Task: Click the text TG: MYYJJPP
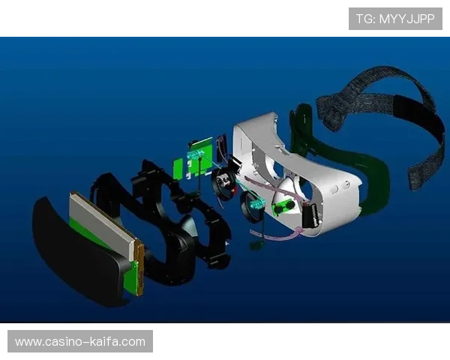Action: [395, 19]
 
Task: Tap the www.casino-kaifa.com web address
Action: [80, 342]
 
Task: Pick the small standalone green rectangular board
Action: [178, 169]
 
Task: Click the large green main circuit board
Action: [201, 158]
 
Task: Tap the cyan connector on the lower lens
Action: [256, 205]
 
